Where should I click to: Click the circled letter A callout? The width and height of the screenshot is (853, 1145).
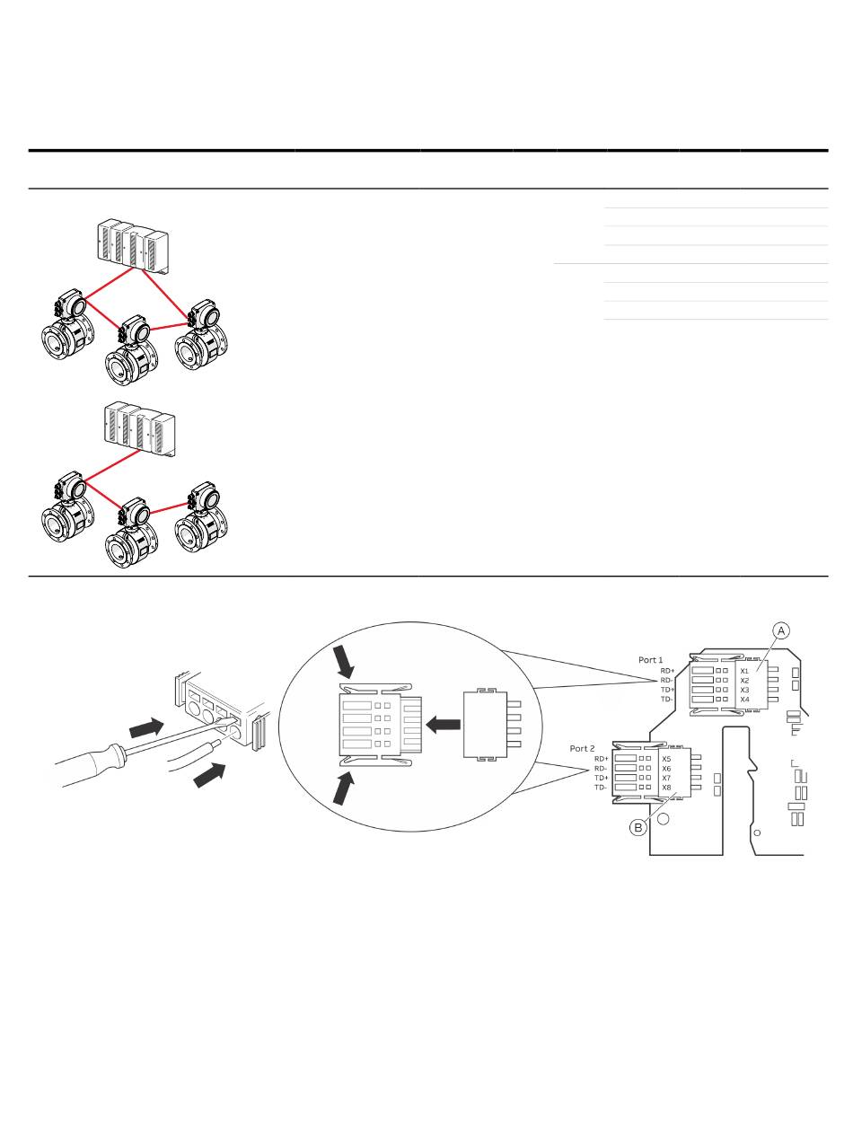(781, 630)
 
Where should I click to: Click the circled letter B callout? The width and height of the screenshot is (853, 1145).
(638, 828)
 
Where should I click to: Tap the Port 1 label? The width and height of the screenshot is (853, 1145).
(651, 660)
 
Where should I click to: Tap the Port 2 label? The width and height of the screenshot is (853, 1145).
(582, 748)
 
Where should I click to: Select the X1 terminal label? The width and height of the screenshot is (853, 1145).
(744, 671)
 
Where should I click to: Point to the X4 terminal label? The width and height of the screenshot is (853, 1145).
(744, 700)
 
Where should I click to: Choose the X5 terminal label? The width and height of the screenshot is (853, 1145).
(666, 760)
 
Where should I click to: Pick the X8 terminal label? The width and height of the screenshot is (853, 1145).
(666, 788)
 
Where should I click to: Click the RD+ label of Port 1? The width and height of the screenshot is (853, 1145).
(668, 671)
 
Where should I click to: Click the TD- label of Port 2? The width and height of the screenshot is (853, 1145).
(601, 788)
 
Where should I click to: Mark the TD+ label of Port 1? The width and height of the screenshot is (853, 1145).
(668, 690)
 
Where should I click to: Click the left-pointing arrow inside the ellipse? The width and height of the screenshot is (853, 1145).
(443, 725)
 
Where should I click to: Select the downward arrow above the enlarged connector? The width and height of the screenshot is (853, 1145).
(343, 661)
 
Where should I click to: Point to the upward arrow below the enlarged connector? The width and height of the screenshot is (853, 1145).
(344, 788)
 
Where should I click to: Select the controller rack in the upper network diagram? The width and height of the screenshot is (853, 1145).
(133, 245)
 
